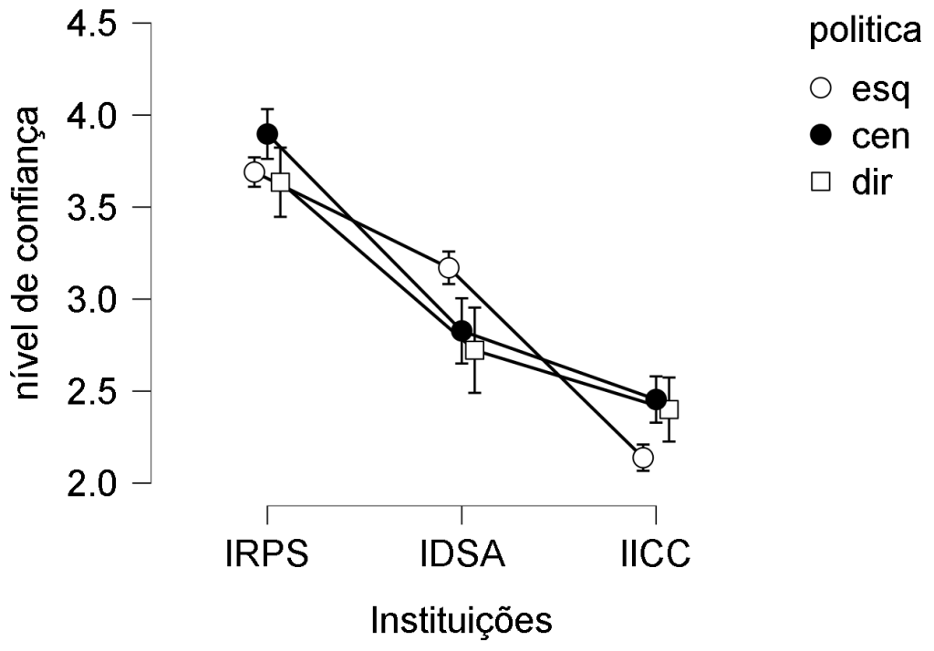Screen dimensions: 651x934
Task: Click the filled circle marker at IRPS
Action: coord(267,134)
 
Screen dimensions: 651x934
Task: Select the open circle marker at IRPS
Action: coord(254,172)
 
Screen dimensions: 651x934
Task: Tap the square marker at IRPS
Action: coord(280,181)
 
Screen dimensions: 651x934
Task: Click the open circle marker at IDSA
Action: coord(449,267)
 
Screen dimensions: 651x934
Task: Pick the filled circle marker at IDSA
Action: coord(462,330)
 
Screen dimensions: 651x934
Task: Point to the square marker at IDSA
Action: coord(474,349)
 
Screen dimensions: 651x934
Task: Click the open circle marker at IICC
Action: coord(643,457)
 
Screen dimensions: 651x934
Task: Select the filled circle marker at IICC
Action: coord(656,399)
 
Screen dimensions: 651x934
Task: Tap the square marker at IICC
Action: coord(669,408)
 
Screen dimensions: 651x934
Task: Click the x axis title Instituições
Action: coord(461,621)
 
